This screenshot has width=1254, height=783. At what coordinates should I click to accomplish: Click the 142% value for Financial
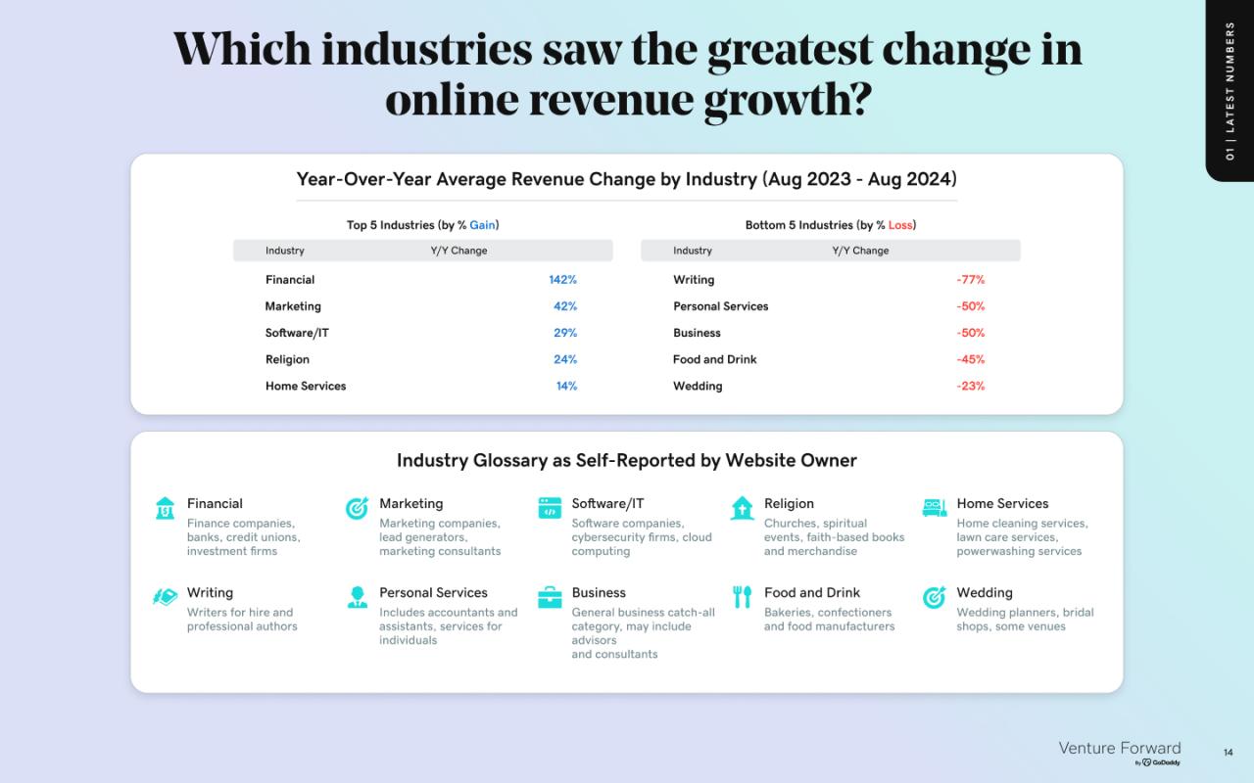(x=562, y=280)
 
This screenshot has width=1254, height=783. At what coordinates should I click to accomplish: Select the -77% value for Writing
(x=970, y=280)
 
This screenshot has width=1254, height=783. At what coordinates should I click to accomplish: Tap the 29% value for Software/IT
(x=565, y=333)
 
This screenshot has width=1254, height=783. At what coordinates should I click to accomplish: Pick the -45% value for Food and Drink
(x=970, y=359)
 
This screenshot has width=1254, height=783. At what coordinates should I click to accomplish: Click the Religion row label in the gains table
(x=287, y=359)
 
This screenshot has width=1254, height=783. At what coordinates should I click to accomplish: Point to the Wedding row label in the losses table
(x=698, y=386)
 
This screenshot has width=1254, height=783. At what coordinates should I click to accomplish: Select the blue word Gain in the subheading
(x=482, y=225)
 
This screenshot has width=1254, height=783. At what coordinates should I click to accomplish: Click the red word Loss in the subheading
(x=900, y=225)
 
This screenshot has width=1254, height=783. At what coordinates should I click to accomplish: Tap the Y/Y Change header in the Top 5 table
(x=458, y=251)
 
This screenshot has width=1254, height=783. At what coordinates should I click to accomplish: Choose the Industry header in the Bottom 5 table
(x=693, y=251)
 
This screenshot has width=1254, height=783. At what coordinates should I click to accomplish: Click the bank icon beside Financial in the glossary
(x=165, y=508)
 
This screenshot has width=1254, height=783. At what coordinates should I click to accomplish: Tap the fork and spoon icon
(x=742, y=597)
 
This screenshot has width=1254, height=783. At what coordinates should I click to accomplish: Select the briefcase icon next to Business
(x=550, y=597)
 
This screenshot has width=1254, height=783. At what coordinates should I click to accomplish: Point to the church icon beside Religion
(x=743, y=508)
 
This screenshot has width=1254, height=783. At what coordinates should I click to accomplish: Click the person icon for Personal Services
(x=358, y=597)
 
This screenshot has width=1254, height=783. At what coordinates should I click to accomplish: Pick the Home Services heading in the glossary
(x=1002, y=503)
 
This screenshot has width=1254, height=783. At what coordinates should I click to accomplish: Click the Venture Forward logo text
(x=1120, y=748)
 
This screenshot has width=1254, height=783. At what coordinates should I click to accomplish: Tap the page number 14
(x=1229, y=753)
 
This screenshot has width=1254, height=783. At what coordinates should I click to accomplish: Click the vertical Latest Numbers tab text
(x=1230, y=91)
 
